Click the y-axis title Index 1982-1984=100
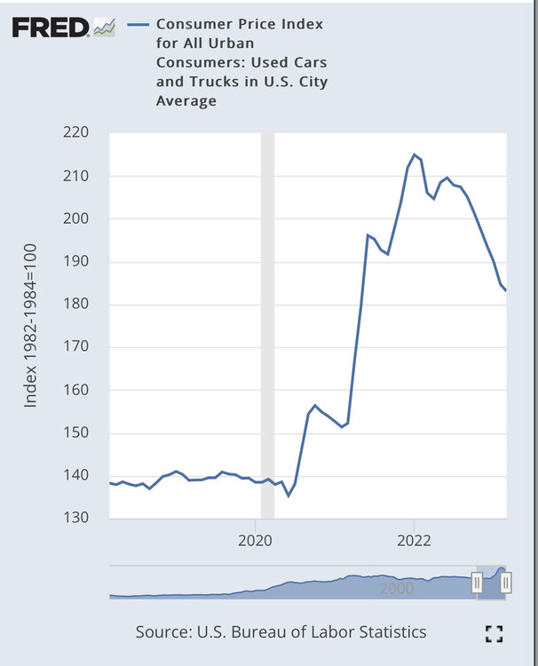tap(31, 326)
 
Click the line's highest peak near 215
tap(414, 155)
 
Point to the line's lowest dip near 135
tap(289, 496)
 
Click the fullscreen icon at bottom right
tap(494, 633)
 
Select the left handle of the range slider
tap(477, 583)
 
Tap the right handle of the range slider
tap(506, 583)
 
